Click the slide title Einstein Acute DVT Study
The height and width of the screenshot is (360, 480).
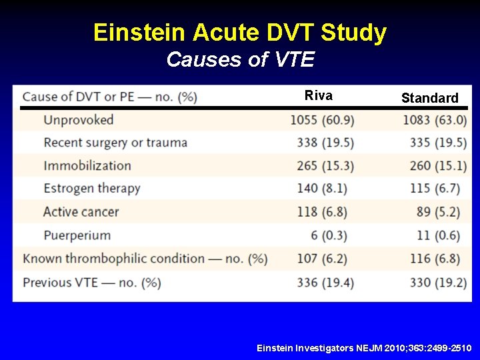tap(240, 32)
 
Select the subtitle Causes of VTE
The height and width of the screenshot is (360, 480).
tap(240, 59)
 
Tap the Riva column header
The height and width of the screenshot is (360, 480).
tap(318, 95)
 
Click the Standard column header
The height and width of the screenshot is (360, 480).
tap(429, 98)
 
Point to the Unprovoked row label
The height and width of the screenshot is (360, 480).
tap(79, 120)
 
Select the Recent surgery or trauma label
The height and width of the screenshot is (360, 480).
tap(115, 143)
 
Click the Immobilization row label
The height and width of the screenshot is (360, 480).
tap(87, 166)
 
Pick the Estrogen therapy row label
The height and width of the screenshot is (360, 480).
tap(92, 189)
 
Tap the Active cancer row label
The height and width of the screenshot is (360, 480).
tap(81, 212)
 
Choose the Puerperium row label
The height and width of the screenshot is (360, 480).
tap(77, 235)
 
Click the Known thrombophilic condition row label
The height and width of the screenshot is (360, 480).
tap(145, 259)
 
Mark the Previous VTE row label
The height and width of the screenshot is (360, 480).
tap(91, 283)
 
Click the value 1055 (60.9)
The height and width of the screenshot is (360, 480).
tap(322, 120)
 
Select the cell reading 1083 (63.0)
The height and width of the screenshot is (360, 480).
tap(435, 120)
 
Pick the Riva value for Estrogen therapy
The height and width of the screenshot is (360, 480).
tap(325, 189)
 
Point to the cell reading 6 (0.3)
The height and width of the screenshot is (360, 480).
tap(332, 235)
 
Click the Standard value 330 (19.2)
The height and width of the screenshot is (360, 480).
tap(438, 283)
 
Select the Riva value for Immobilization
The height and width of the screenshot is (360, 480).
tap(325, 166)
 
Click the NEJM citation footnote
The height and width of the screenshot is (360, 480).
tap(364, 349)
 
